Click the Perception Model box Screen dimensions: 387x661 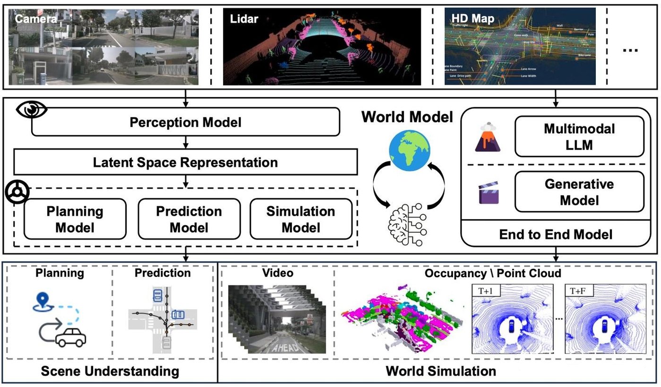(x=185, y=122)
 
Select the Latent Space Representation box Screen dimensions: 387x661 (x=185, y=162)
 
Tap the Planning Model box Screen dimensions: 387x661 (x=75, y=219)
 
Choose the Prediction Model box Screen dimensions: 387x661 (x=189, y=219)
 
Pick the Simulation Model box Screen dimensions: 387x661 (x=301, y=219)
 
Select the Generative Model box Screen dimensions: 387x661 (x=579, y=192)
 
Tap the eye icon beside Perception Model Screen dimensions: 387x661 (x=32, y=110)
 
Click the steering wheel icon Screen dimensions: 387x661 (x=17, y=193)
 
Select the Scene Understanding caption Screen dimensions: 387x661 (x=110, y=370)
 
